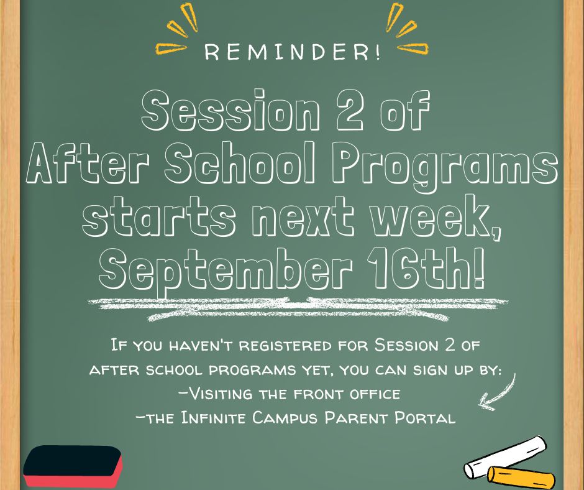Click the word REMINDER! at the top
click(x=293, y=52)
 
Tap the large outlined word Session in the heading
click(x=230, y=110)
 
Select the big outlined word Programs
click(x=445, y=166)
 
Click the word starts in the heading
click(x=159, y=217)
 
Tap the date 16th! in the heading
click(x=426, y=269)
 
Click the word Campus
click(x=285, y=418)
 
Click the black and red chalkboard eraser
click(x=73, y=466)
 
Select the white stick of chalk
click(x=504, y=457)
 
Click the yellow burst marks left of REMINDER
click(x=176, y=29)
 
